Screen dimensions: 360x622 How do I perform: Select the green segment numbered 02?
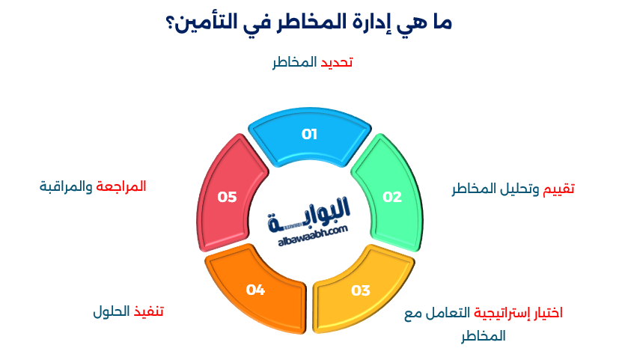[x=391, y=197]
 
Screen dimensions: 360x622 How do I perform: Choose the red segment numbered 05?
[x=227, y=197]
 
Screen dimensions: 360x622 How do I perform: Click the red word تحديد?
[x=336, y=62]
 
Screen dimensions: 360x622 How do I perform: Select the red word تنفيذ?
[x=148, y=311]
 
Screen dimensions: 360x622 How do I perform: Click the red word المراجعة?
[x=121, y=186]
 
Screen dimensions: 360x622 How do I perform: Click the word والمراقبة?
[x=67, y=186]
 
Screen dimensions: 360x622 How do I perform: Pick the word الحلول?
[x=112, y=311]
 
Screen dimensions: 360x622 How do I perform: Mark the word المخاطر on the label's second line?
[x=483, y=336]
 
